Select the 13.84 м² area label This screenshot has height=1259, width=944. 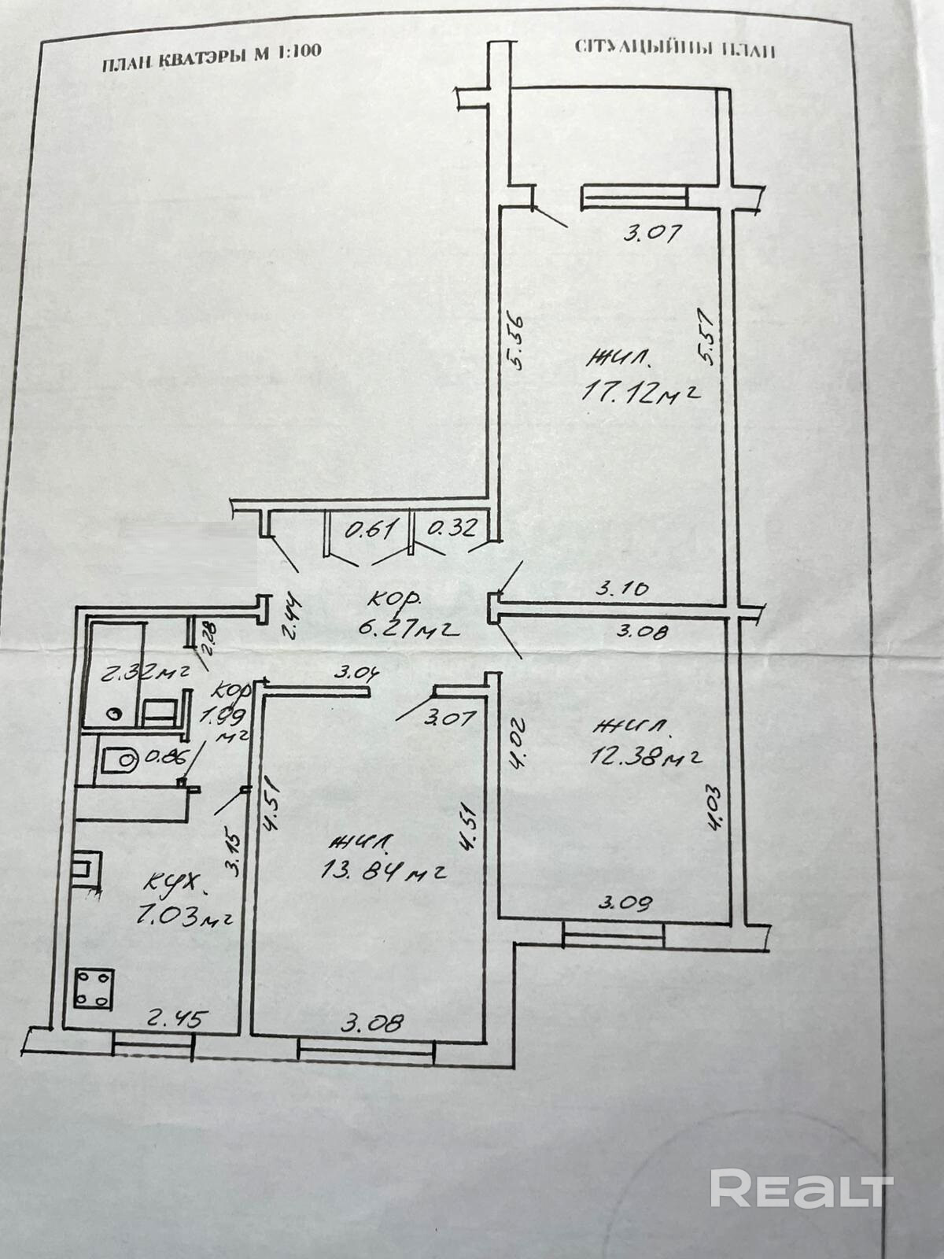coord(384,871)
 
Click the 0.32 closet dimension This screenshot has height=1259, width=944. coord(451,529)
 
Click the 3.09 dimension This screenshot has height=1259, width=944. coord(625,903)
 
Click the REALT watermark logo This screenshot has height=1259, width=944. coord(801,1188)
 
